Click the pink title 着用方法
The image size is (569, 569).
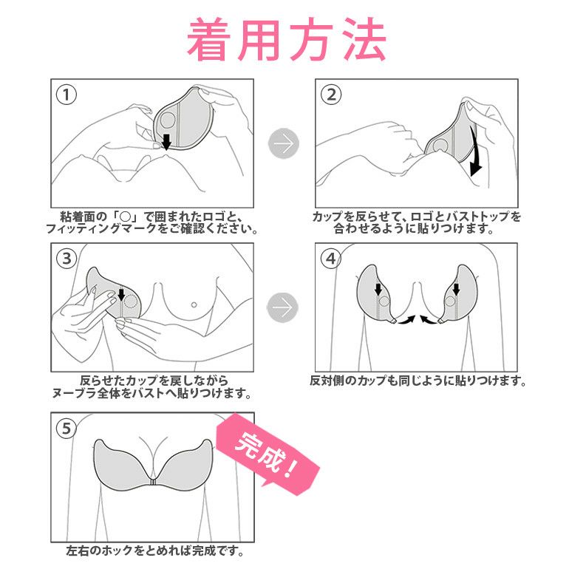pyautogui.click(x=286, y=40)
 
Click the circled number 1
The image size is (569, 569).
pyautogui.click(x=67, y=95)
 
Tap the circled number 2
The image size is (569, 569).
pyautogui.click(x=331, y=95)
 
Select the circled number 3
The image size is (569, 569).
pyautogui.click(x=67, y=259)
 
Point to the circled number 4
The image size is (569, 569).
pyautogui.click(x=330, y=259)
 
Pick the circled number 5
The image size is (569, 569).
pyautogui.click(x=67, y=429)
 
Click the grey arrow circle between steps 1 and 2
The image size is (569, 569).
pyautogui.click(x=284, y=143)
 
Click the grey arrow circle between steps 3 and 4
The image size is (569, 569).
pyautogui.click(x=283, y=307)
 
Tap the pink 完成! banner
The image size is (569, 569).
pyautogui.click(x=268, y=454)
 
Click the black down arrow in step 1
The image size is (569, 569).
pyautogui.click(x=166, y=142)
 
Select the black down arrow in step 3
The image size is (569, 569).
pyautogui.click(x=122, y=295)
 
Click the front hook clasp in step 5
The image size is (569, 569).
pyautogui.click(x=153, y=482)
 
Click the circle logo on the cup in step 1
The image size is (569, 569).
pyautogui.click(x=168, y=120)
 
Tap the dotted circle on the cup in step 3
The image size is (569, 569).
pyautogui.click(x=131, y=301)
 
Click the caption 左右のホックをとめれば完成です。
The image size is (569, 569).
pyautogui.click(x=155, y=551)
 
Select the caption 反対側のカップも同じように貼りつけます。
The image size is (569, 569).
pyautogui.click(x=418, y=381)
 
